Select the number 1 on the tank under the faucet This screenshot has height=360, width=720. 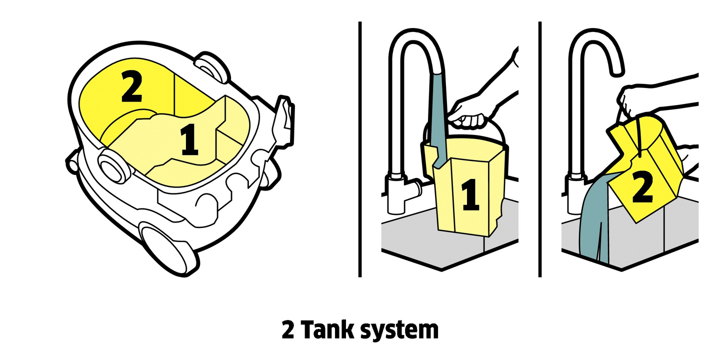point(469,195)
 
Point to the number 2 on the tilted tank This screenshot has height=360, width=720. point(642,186)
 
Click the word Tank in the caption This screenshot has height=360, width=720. point(330,330)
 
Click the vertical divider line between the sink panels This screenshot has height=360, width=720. point(540,150)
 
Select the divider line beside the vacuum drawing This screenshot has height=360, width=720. point(360,150)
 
